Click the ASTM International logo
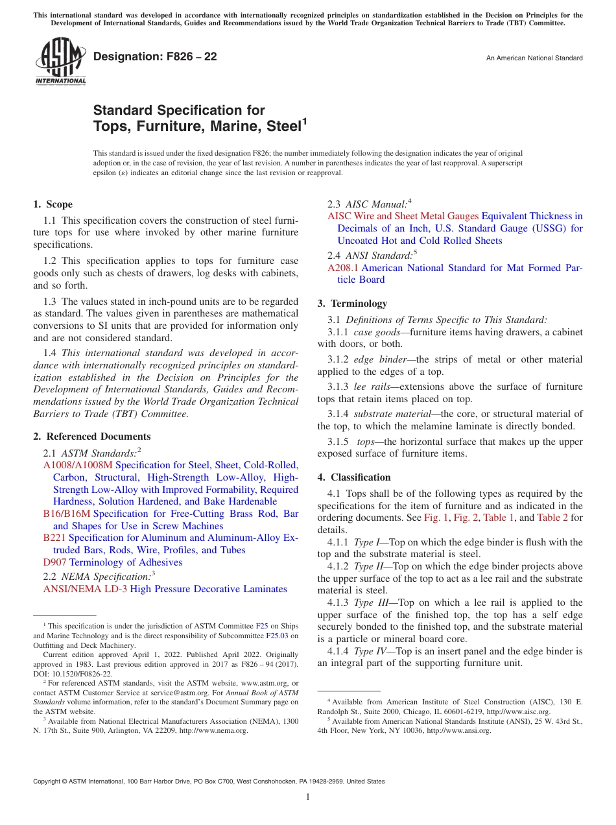coord(60,60)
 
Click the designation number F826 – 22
coord(155,56)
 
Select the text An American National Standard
coord(534,58)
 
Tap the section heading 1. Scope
coord(53,204)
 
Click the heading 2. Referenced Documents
coord(92,436)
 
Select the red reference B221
coord(54,538)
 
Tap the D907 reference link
coord(55,562)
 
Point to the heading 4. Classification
coord(354,477)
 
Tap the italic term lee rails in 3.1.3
coord(372,387)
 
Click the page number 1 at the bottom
coord(308,796)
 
